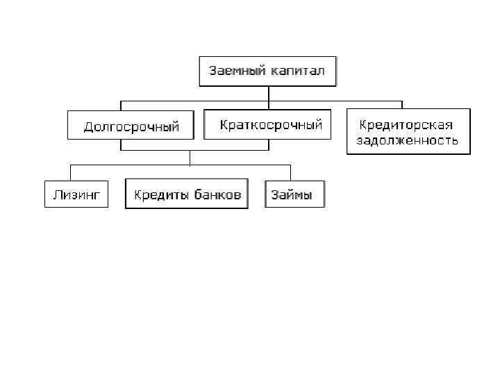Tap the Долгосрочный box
coord(131,126)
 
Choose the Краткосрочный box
coord(271,125)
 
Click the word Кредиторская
coord(406,125)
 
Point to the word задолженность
coord(408,141)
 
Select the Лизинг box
coord(76,195)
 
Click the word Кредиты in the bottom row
coord(160,195)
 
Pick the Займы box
coord(295,195)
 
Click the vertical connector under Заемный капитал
coord(267,93)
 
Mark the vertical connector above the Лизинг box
coord(71,173)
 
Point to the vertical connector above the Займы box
coord(290,173)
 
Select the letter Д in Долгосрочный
coord(88,127)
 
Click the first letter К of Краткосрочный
coord(224,125)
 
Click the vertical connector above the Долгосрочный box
coord(121,105)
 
